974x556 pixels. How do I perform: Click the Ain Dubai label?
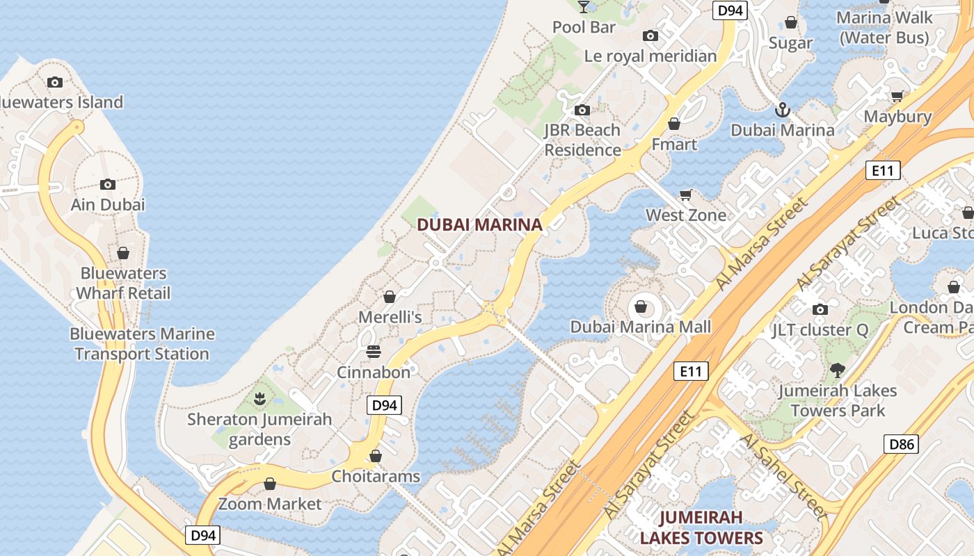tap(108, 204)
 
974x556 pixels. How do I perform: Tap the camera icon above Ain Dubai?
tap(107, 184)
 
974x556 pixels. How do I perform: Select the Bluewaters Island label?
tap(61, 102)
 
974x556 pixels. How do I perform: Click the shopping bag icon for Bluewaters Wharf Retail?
tap(123, 253)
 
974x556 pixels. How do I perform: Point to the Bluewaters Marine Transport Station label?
tap(142, 343)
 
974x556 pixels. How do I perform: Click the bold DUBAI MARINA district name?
tap(479, 224)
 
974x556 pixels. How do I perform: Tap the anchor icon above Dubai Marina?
tap(783, 110)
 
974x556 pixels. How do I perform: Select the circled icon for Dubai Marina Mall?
tap(641, 306)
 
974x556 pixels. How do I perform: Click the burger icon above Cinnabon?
tap(374, 352)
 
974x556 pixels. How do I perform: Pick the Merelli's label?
tap(390, 317)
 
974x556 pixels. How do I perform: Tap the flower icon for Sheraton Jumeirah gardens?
tap(260, 399)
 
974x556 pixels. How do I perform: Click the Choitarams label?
tap(376, 476)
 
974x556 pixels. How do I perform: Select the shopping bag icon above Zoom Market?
tap(270, 484)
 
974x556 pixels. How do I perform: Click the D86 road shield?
tap(901, 444)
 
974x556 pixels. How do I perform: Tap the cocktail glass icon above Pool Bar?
tap(584, 7)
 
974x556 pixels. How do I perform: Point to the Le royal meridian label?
tap(650, 56)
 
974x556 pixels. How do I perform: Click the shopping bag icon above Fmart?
tap(673, 124)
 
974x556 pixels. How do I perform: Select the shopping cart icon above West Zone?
tap(686, 195)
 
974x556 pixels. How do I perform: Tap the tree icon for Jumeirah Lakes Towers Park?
tap(837, 370)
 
